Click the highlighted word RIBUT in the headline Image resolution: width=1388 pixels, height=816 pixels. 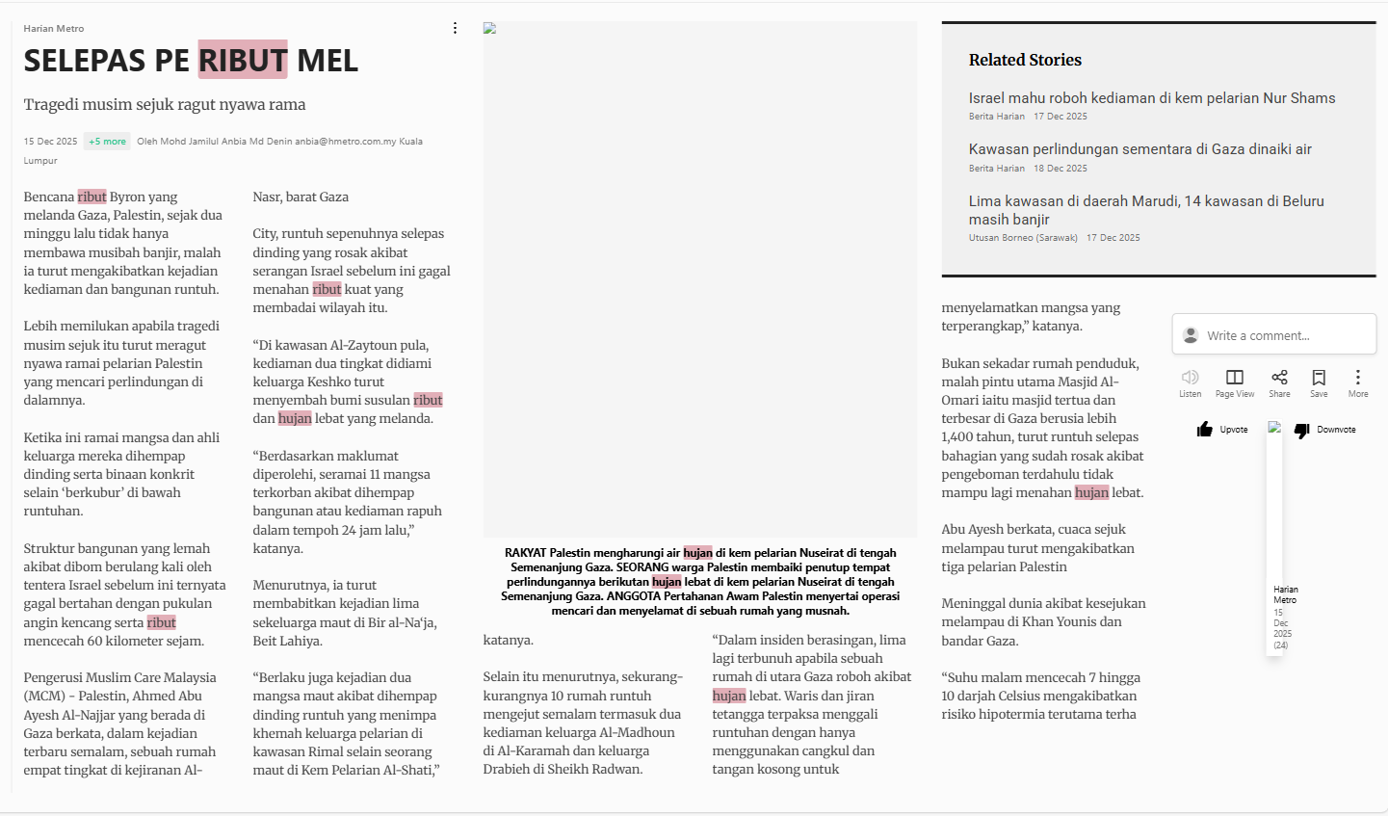tap(243, 61)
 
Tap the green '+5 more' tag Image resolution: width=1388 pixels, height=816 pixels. tap(107, 142)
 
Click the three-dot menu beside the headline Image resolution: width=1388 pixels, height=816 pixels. tap(456, 28)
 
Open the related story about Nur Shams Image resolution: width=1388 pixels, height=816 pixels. tap(1151, 98)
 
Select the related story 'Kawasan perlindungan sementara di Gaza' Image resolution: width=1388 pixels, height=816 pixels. tap(1139, 149)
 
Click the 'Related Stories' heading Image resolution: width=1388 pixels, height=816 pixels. tap(1025, 60)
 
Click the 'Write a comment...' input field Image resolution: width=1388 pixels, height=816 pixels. tap(1273, 335)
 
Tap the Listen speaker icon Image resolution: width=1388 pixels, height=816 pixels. tap(1190, 377)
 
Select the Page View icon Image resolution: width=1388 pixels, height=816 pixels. tap(1234, 377)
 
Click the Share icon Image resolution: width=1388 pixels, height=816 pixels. tap(1279, 377)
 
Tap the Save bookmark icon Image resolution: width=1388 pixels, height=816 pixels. tap(1319, 377)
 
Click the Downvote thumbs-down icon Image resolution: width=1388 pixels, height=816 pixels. tap(1302, 430)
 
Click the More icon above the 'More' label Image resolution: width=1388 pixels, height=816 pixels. tap(1357, 377)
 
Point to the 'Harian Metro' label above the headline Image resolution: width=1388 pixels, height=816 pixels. tap(54, 29)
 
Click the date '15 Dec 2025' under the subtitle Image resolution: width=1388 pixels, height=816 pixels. tap(50, 142)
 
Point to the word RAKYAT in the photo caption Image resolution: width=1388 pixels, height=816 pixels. tap(525, 553)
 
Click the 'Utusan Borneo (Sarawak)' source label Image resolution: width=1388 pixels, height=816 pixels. tap(1023, 238)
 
